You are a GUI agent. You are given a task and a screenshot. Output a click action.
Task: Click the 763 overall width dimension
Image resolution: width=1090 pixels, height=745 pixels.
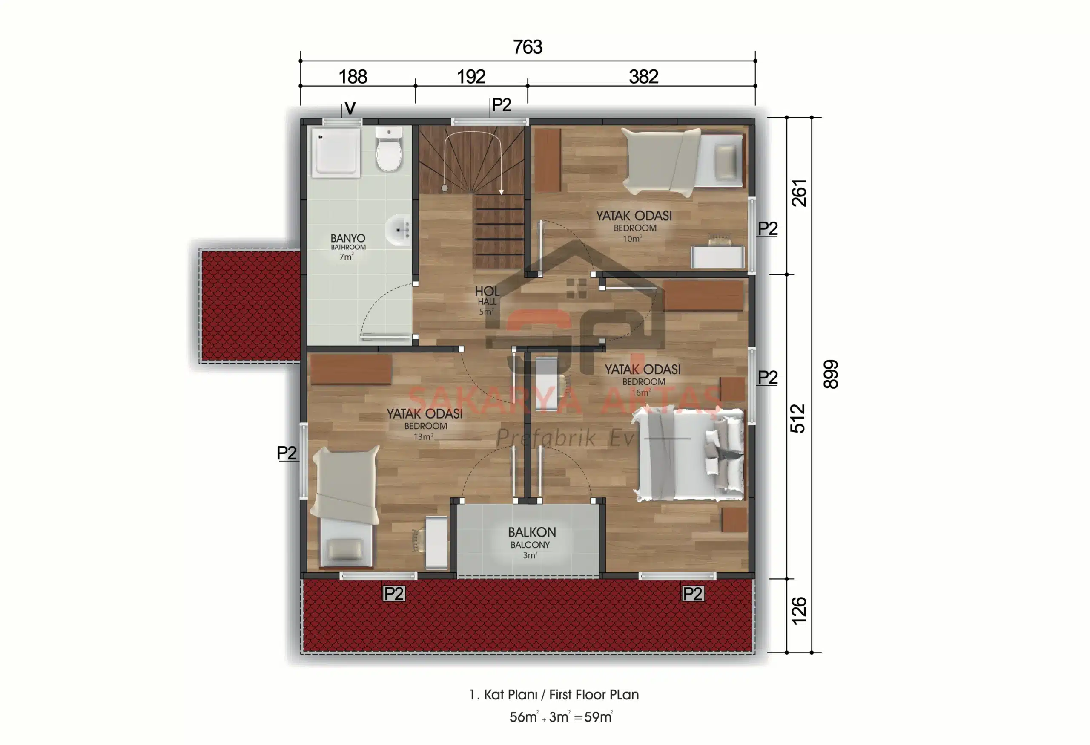coord(528,47)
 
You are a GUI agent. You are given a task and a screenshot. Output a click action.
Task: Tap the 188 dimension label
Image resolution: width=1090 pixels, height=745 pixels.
coord(353,77)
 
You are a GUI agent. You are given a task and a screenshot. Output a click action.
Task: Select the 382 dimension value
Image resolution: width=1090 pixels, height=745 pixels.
coord(643,77)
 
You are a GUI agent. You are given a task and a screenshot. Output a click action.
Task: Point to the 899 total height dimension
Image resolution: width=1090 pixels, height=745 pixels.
coord(831,374)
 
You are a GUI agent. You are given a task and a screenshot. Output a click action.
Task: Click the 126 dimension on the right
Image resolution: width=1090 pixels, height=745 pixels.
coord(799,610)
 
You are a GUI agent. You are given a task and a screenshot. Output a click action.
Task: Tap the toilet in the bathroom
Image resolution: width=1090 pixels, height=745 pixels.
coord(389,149)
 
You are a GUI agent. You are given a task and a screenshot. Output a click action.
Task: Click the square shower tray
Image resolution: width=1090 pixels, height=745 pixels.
coord(336,152)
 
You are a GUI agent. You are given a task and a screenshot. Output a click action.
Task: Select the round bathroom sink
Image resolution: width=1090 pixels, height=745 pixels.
coord(399,230)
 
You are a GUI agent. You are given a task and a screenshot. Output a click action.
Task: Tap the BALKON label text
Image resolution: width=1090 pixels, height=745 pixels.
coord(532,532)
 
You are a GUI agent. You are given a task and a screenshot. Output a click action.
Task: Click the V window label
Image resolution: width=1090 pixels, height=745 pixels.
coord(350,108)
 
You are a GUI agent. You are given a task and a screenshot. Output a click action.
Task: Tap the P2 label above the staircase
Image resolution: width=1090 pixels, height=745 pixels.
coord(502,105)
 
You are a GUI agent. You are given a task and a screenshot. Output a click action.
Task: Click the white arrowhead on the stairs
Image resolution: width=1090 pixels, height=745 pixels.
coord(501,191)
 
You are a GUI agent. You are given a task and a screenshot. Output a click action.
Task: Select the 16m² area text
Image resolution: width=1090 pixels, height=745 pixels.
coord(641,392)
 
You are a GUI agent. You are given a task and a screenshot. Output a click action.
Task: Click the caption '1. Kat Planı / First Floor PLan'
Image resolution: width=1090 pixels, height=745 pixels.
coord(554,694)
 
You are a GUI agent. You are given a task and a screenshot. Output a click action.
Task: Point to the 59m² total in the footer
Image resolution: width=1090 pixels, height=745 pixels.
coord(599,717)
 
